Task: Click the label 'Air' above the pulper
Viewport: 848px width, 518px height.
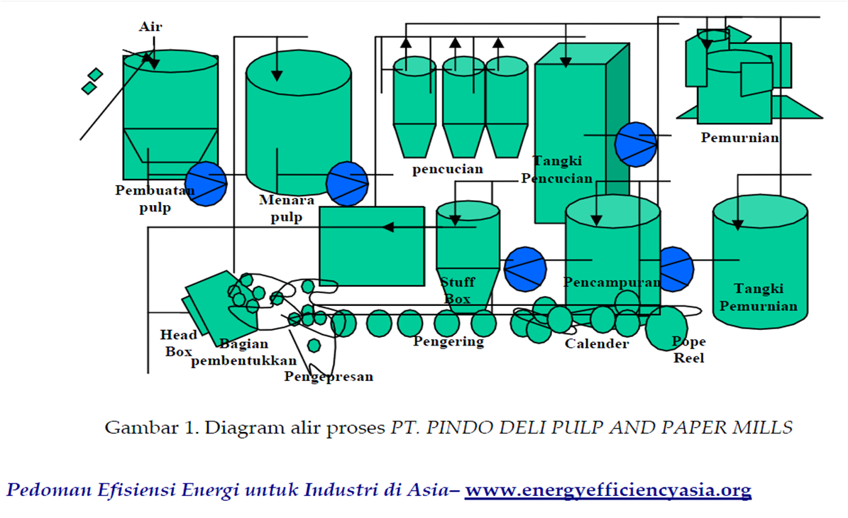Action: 150,26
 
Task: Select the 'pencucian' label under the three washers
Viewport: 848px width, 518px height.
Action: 448,169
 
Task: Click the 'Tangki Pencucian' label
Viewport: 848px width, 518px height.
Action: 557,170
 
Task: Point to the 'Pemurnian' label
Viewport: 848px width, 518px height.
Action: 740,137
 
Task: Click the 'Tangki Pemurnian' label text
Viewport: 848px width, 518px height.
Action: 759,297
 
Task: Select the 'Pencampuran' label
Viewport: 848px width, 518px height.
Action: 612,282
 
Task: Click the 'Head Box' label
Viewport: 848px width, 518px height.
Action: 179,342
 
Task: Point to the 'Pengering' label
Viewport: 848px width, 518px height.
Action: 448,341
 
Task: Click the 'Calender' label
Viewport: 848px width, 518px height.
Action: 597,344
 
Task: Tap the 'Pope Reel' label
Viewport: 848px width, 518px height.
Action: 688,350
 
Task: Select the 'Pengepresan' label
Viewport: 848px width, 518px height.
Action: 329,376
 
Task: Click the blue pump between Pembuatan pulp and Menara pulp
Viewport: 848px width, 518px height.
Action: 206,184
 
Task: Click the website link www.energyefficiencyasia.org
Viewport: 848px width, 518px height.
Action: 607,490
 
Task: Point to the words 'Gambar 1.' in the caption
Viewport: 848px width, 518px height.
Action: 138,428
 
